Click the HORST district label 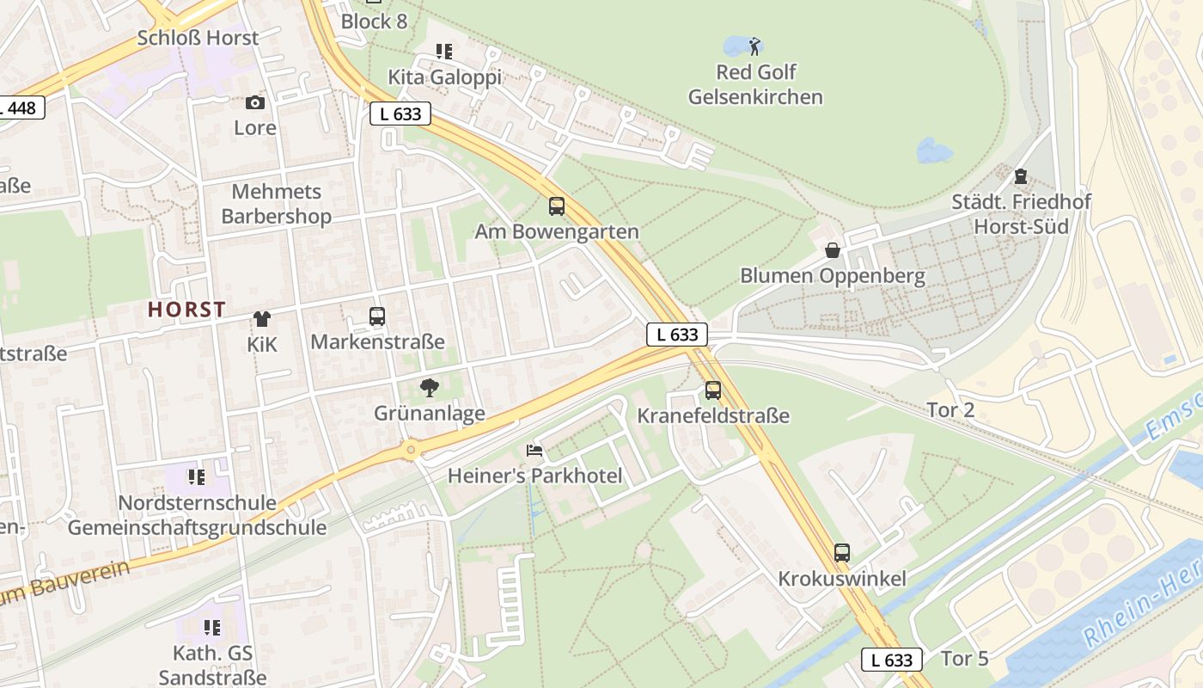point(186,310)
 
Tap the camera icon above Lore point(255,103)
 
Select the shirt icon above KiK point(262,319)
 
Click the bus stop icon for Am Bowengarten point(557,206)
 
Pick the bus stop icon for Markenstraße point(377,316)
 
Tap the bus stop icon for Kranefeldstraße point(713,390)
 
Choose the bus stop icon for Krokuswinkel point(842,553)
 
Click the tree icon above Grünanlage point(429,388)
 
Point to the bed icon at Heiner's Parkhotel point(534,450)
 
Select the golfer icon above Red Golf point(755,46)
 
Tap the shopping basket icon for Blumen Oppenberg point(833,250)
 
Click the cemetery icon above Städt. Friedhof point(1021,176)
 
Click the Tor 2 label point(950,410)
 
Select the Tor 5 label point(965,659)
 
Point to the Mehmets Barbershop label point(276,204)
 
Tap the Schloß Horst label point(198,38)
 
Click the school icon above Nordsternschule point(197,476)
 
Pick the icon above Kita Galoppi point(444,52)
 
